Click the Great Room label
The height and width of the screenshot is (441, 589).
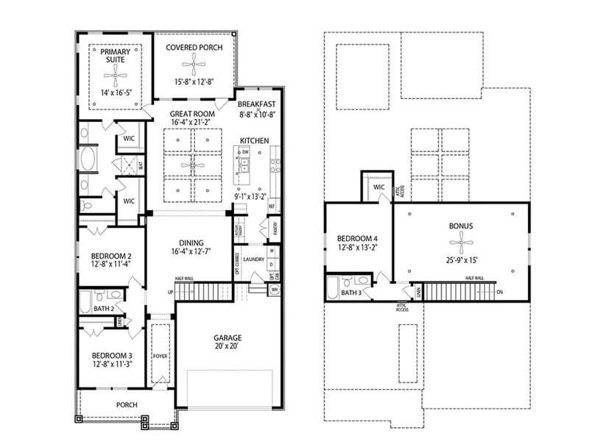[x=192, y=114]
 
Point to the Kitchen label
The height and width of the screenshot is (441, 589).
[x=254, y=140]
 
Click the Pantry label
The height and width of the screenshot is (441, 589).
[x=274, y=230]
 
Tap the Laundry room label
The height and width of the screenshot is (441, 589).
[x=254, y=259]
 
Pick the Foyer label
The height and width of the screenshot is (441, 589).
[x=161, y=356]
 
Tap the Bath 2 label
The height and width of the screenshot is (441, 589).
[x=103, y=309]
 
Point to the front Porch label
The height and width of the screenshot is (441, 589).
[x=127, y=405]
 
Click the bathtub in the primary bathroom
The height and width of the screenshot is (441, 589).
[x=87, y=159]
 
